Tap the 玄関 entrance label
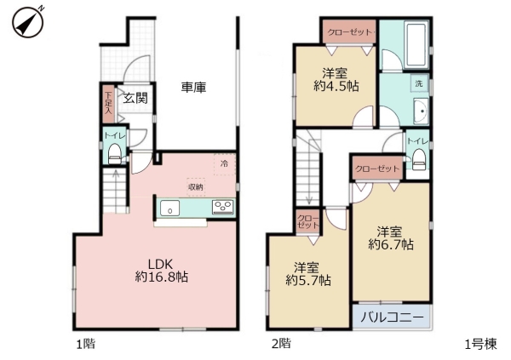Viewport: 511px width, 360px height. pyautogui.click(x=135, y=98)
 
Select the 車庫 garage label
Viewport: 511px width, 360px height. pyautogui.click(x=193, y=87)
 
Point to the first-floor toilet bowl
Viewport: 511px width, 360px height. pyautogui.click(x=114, y=154)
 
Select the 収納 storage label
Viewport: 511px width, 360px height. pyautogui.click(x=196, y=185)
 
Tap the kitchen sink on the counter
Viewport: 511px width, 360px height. pyautogui.click(x=171, y=208)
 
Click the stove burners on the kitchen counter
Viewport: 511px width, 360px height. pyautogui.click(x=224, y=207)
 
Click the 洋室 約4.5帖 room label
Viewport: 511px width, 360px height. pyautogui.click(x=339, y=80)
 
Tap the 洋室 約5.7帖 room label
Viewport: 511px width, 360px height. pyautogui.click(x=309, y=272)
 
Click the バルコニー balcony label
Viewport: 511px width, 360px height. pyautogui.click(x=391, y=317)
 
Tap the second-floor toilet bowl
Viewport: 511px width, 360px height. pyautogui.click(x=418, y=156)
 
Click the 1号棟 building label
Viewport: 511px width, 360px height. pyautogui.click(x=480, y=344)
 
